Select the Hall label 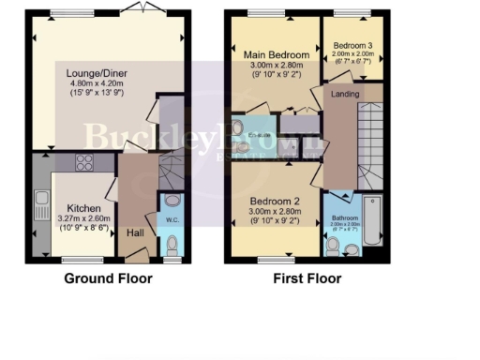click(135, 231)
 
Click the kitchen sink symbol click(42, 200)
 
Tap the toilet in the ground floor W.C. click(172, 246)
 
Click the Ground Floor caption click(104, 278)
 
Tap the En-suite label click(259, 134)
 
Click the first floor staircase click(369, 141)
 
